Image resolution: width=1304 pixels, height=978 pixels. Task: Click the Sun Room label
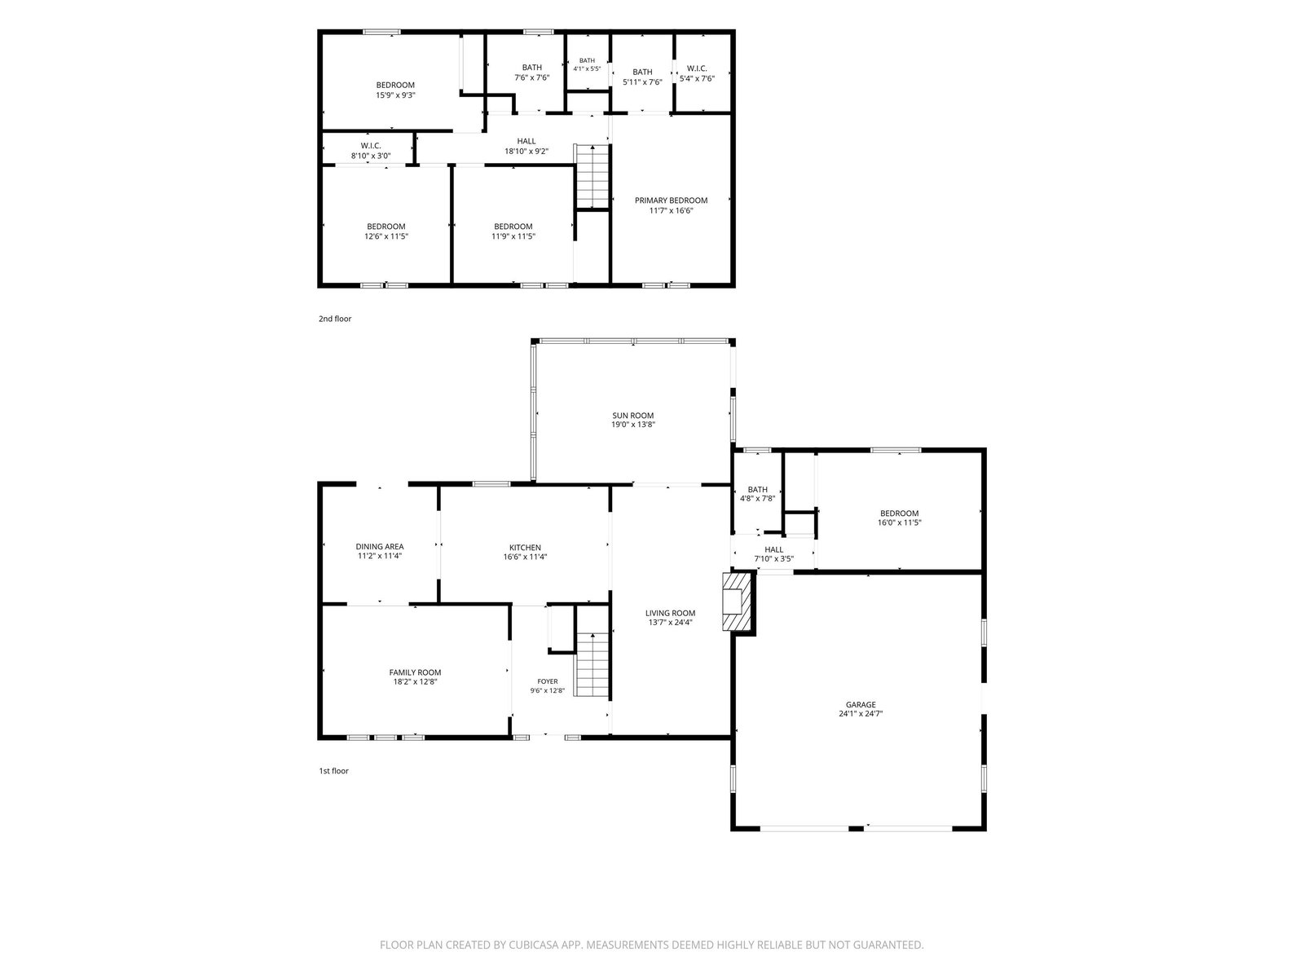click(x=632, y=416)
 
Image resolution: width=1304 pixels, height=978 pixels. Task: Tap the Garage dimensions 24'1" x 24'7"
click(x=860, y=714)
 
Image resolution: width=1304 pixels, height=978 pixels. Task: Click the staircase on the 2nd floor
click(x=592, y=176)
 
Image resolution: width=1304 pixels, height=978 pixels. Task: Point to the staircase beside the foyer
click(x=593, y=664)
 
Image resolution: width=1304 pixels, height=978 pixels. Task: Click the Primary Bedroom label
click(x=671, y=200)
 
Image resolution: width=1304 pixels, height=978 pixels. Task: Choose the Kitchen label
click(x=525, y=548)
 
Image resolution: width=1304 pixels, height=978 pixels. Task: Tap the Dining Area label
click(x=380, y=546)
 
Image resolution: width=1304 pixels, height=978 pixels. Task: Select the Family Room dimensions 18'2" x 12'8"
click(x=415, y=681)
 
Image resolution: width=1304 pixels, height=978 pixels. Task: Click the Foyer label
click(x=547, y=681)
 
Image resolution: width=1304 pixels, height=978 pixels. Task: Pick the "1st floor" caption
click(x=334, y=771)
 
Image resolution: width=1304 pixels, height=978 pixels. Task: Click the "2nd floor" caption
click(x=335, y=319)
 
